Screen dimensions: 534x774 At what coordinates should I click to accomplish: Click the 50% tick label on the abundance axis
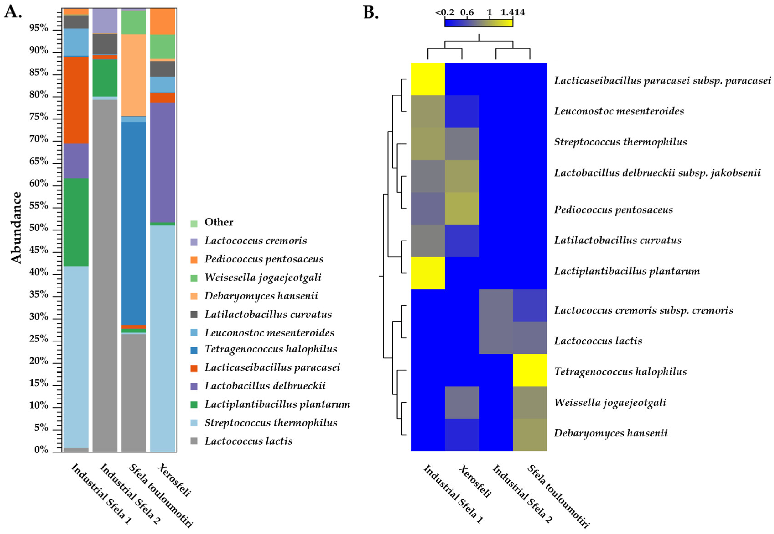tap(39, 228)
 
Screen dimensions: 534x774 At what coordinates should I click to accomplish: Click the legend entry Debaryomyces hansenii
tap(261, 296)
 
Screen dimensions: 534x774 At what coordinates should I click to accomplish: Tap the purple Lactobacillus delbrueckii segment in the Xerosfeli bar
tap(162, 162)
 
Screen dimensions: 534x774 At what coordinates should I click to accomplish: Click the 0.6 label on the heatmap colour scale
tap(467, 12)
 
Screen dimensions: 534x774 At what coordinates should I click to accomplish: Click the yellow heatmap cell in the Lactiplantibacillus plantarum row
tap(428, 273)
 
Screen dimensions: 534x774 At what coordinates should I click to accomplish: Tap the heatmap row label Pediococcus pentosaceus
tap(613, 210)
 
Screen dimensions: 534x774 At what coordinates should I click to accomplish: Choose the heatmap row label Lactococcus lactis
tap(598, 341)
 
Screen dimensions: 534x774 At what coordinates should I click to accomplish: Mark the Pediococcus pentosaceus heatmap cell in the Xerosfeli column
tap(462, 208)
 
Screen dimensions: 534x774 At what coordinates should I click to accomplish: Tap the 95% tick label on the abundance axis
tap(39, 28)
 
